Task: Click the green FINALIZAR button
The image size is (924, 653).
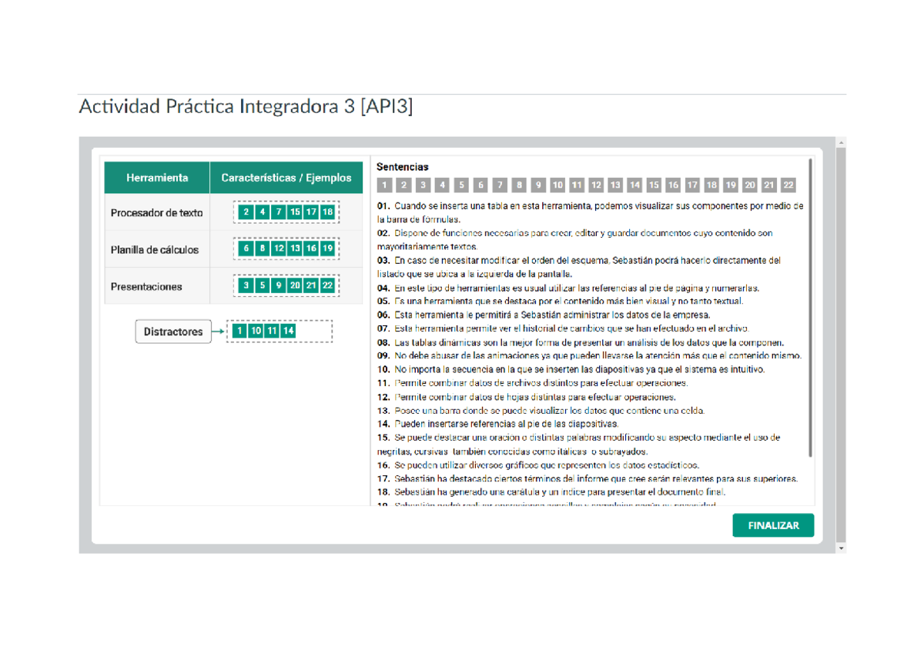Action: click(772, 526)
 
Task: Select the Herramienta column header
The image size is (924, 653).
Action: click(157, 178)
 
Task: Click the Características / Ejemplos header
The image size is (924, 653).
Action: click(286, 178)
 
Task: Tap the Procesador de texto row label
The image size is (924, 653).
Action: click(156, 213)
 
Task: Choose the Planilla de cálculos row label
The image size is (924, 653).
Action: click(155, 250)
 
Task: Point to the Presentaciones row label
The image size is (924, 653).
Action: click(146, 287)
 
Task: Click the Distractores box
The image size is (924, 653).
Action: click(173, 332)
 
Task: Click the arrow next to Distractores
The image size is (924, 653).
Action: click(218, 332)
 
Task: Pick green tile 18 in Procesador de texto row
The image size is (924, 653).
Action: click(328, 212)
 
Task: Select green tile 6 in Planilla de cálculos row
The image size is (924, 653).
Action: click(246, 248)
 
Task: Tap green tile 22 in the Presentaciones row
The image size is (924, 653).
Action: click(328, 285)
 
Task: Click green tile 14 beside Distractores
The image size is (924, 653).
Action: click(288, 331)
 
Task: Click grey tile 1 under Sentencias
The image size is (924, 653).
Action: click(383, 185)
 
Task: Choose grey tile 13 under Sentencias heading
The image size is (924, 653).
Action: click(614, 185)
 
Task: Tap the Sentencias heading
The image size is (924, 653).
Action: click(402, 167)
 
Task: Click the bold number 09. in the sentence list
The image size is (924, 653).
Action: click(383, 356)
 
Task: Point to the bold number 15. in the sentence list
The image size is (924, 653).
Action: click(383, 438)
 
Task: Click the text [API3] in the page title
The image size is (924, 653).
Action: click(387, 106)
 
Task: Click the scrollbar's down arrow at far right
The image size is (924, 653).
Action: click(840, 548)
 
